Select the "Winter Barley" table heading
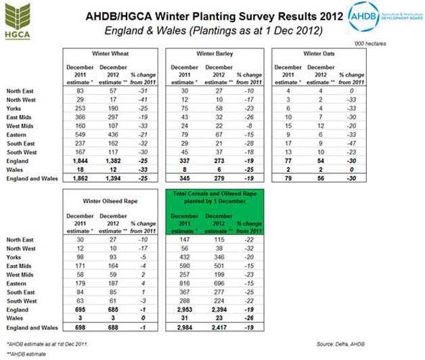click(x=215, y=52)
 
